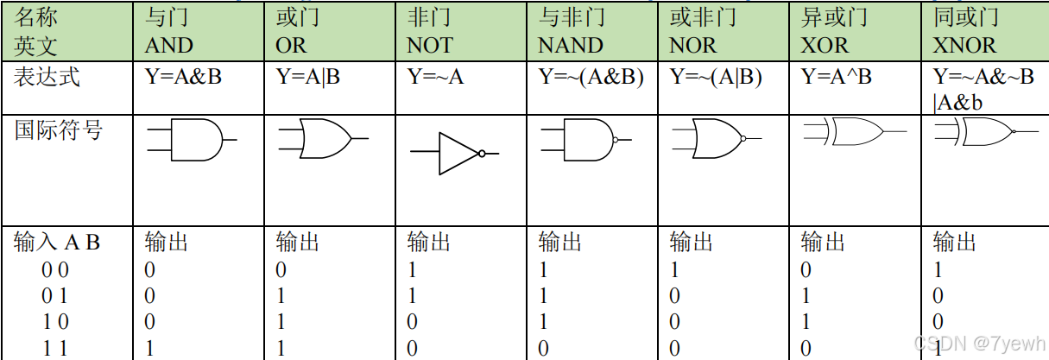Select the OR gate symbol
(319, 138)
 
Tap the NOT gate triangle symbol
(458, 153)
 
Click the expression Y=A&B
(184, 78)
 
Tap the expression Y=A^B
(837, 78)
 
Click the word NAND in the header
(571, 45)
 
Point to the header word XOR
(825, 45)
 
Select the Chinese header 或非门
(703, 17)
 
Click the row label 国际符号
(59, 131)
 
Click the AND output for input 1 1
(150, 348)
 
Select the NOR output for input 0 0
(675, 270)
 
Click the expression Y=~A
(435, 78)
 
